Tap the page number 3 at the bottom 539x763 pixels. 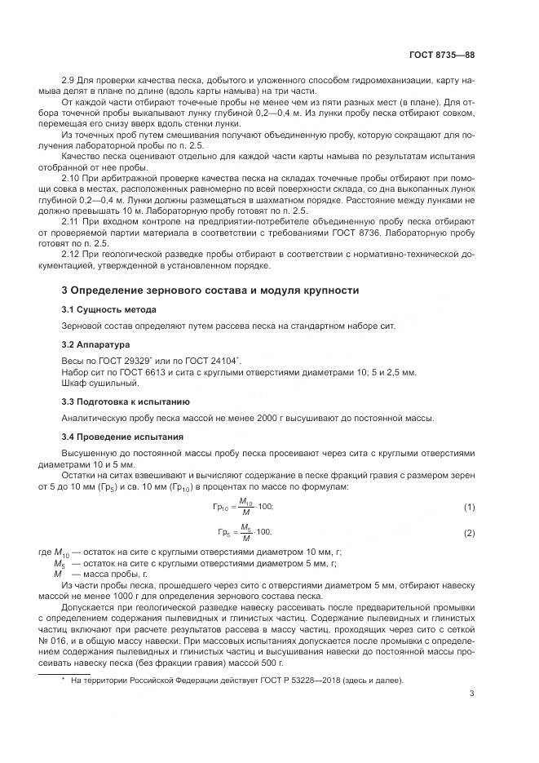(471, 694)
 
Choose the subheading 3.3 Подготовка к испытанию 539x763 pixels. (126, 401)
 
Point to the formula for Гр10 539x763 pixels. (242, 508)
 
